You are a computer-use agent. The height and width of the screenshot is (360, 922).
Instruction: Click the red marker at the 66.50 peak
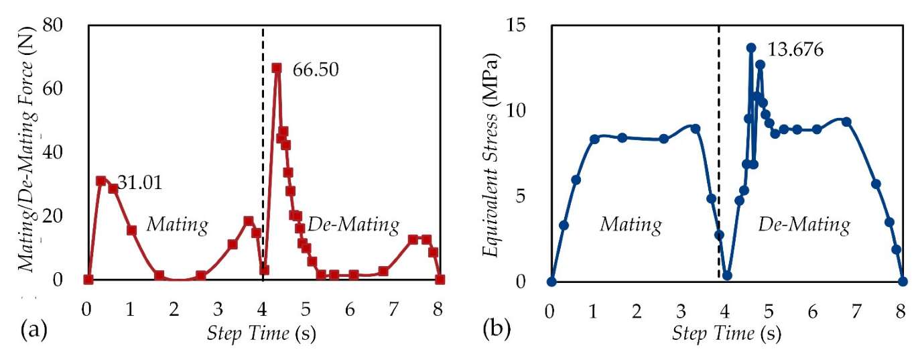tap(276, 68)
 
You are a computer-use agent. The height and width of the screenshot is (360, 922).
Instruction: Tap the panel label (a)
tap(34, 329)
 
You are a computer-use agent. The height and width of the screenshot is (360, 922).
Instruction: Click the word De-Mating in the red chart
tap(353, 224)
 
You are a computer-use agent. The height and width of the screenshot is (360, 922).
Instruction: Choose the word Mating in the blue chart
tap(631, 224)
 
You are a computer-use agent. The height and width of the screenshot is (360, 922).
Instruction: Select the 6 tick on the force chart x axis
tap(350, 311)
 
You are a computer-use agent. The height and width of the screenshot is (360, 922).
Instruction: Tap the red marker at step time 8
tap(440, 280)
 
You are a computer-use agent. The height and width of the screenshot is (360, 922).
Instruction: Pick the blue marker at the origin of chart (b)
tap(551, 282)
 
